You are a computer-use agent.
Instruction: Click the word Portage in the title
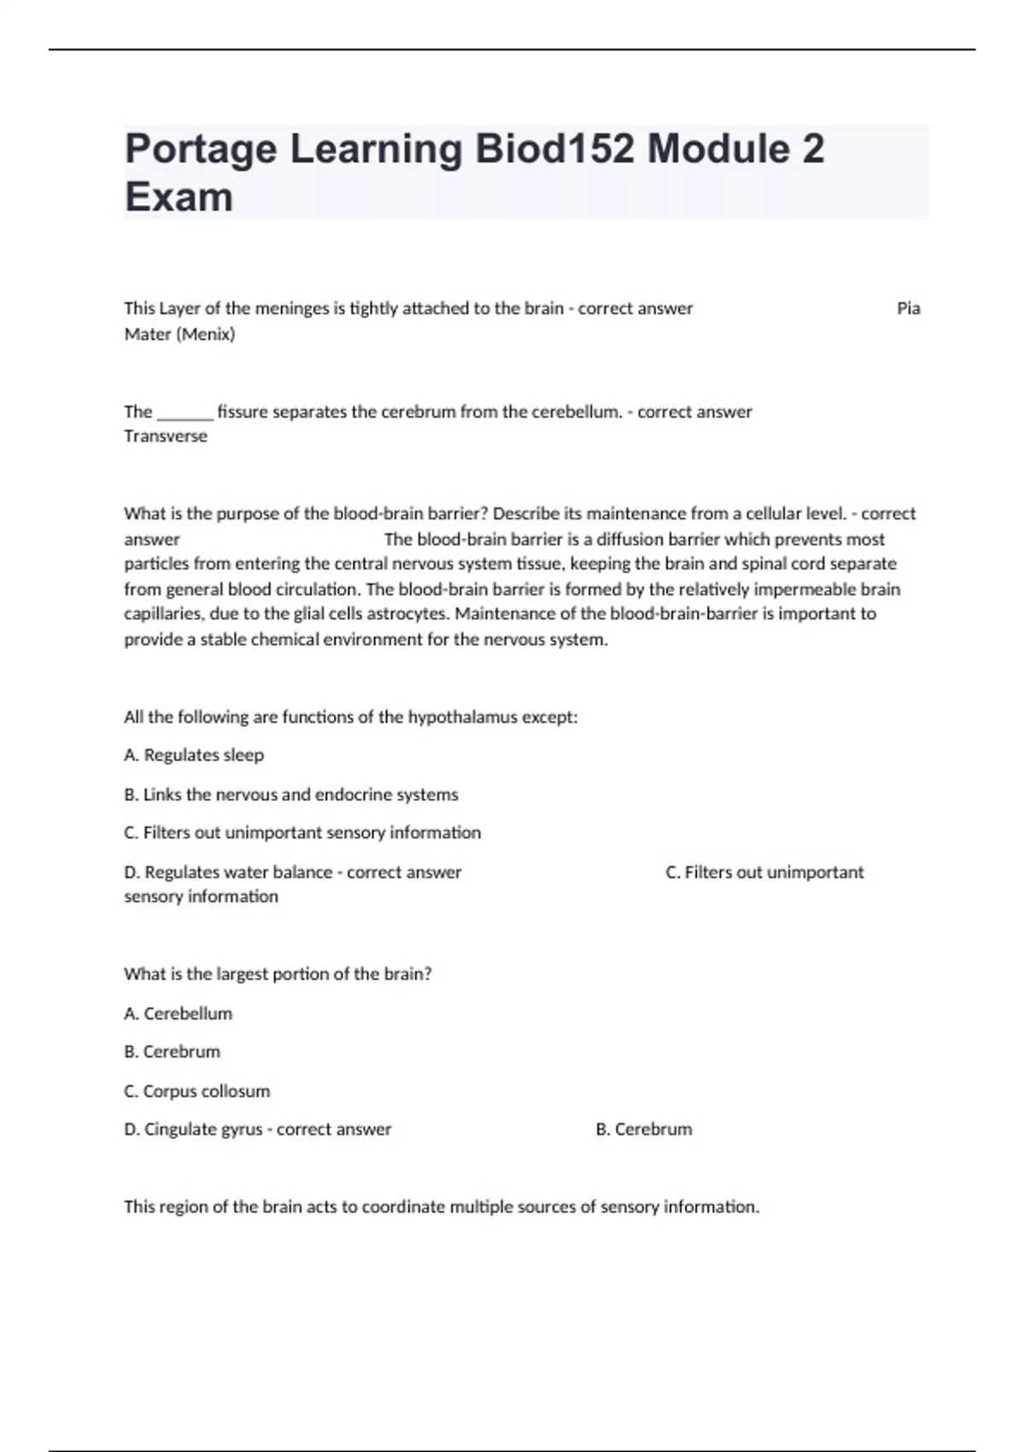[201, 149]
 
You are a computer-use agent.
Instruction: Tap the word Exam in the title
[179, 197]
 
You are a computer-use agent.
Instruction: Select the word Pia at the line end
[908, 308]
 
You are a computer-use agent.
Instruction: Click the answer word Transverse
[166, 436]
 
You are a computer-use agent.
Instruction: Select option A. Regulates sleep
[194, 755]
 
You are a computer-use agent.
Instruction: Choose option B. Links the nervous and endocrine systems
[291, 794]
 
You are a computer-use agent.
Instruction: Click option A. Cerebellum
[178, 1014]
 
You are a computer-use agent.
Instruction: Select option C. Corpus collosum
[196, 1091]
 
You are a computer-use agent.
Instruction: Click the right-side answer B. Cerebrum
[643, 1129]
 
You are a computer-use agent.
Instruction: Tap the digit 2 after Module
[813, 149]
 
